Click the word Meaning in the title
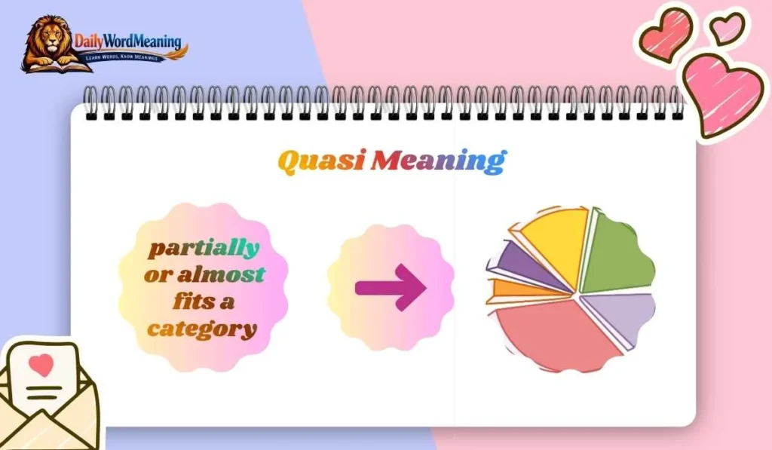438,161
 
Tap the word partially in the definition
203,247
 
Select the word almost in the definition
220,274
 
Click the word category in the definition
202,329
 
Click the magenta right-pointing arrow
391,286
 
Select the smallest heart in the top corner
727,28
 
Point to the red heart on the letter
44,366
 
